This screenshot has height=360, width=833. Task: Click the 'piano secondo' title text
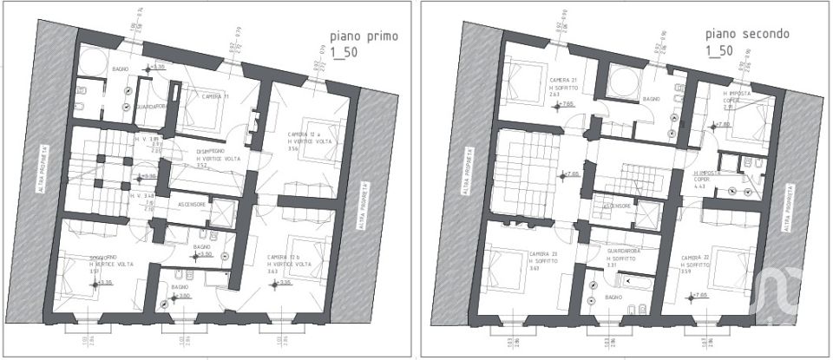(x=747, y=35)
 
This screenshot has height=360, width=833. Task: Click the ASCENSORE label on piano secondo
(x=615, y=206)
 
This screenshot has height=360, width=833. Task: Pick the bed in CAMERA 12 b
(x=304, y=252)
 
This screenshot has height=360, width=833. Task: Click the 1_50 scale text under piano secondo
(x=720, y=52)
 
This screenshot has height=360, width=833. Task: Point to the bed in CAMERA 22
(x=738, y=265)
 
